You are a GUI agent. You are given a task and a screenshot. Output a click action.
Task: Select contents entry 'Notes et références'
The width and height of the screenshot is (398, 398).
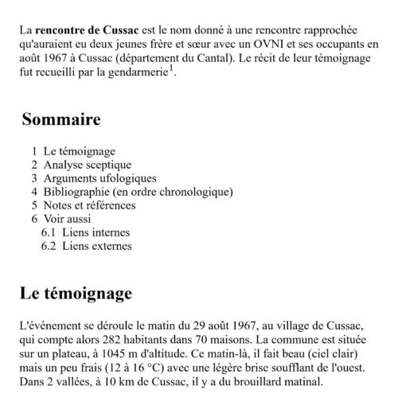(90, 205)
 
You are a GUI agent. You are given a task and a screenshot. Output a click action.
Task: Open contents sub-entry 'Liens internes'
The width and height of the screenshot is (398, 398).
(88, 232)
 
